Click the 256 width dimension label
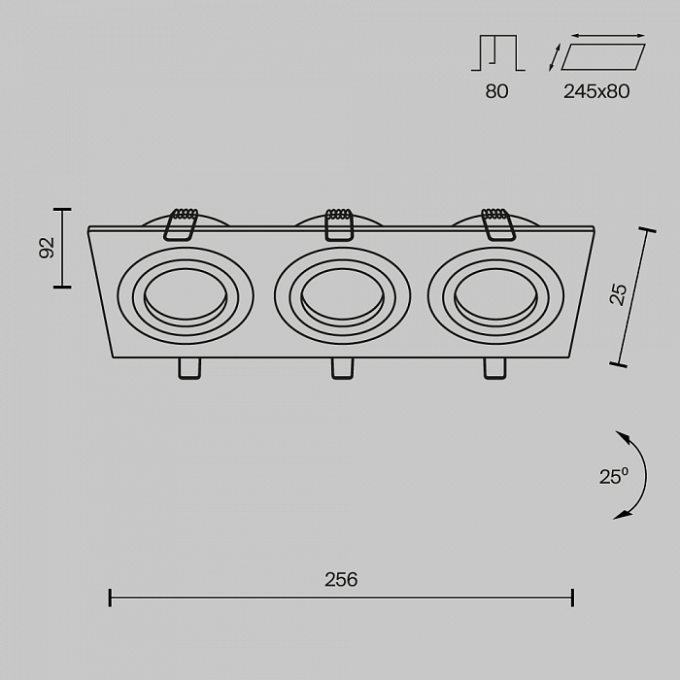[341, 580]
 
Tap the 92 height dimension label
[47, 248]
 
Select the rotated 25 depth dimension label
[619, 294]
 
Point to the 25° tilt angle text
[614, 476]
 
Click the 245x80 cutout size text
[596, 91]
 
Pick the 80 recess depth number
[497, 91]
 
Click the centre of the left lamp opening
[186, 294]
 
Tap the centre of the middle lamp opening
[342, 294]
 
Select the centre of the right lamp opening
[495, 294]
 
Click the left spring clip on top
[181, 224]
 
